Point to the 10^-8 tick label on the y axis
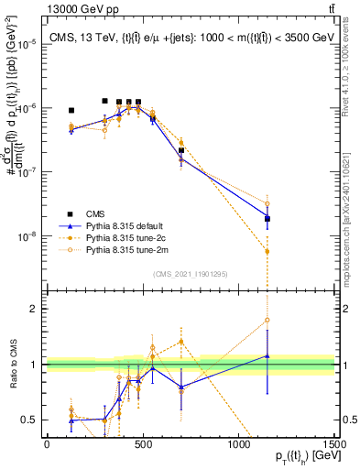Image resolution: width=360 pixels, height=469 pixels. pos(27,236)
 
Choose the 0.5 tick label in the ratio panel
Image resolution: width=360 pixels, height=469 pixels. pos(29,420)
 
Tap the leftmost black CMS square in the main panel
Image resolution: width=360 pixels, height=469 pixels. pos(71,110)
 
